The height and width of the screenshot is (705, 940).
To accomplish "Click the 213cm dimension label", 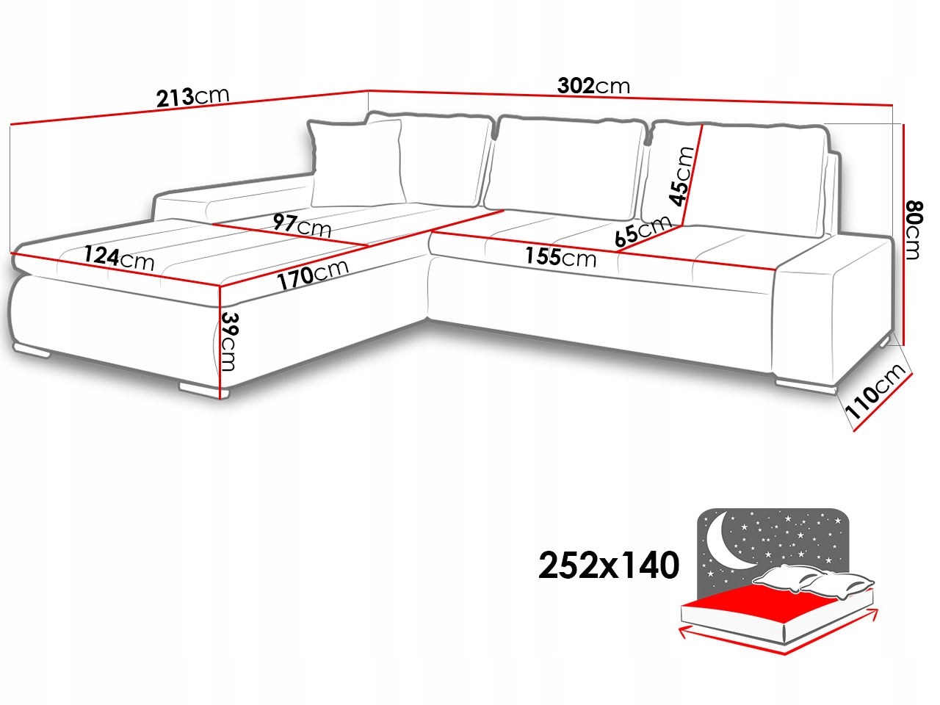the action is [193, 97].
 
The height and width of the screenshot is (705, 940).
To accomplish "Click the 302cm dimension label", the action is [593, 86].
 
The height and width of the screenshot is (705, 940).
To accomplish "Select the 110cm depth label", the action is [875, 391].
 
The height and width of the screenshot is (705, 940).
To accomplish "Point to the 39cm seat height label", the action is [228, 341].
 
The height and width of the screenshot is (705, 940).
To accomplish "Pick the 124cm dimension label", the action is [119, 258].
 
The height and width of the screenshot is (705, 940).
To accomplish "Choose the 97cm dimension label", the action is [302, 225].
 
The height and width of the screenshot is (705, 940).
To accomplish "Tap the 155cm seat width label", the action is [560, 257].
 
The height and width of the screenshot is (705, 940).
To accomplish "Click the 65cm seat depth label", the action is [643, 231].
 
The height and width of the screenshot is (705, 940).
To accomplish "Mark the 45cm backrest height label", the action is [681, 176].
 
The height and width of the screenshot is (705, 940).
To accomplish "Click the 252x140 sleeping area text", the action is [609, 565].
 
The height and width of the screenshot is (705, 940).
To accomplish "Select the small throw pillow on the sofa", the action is [357, 163].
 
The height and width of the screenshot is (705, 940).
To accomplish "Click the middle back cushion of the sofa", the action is [565, 166].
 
